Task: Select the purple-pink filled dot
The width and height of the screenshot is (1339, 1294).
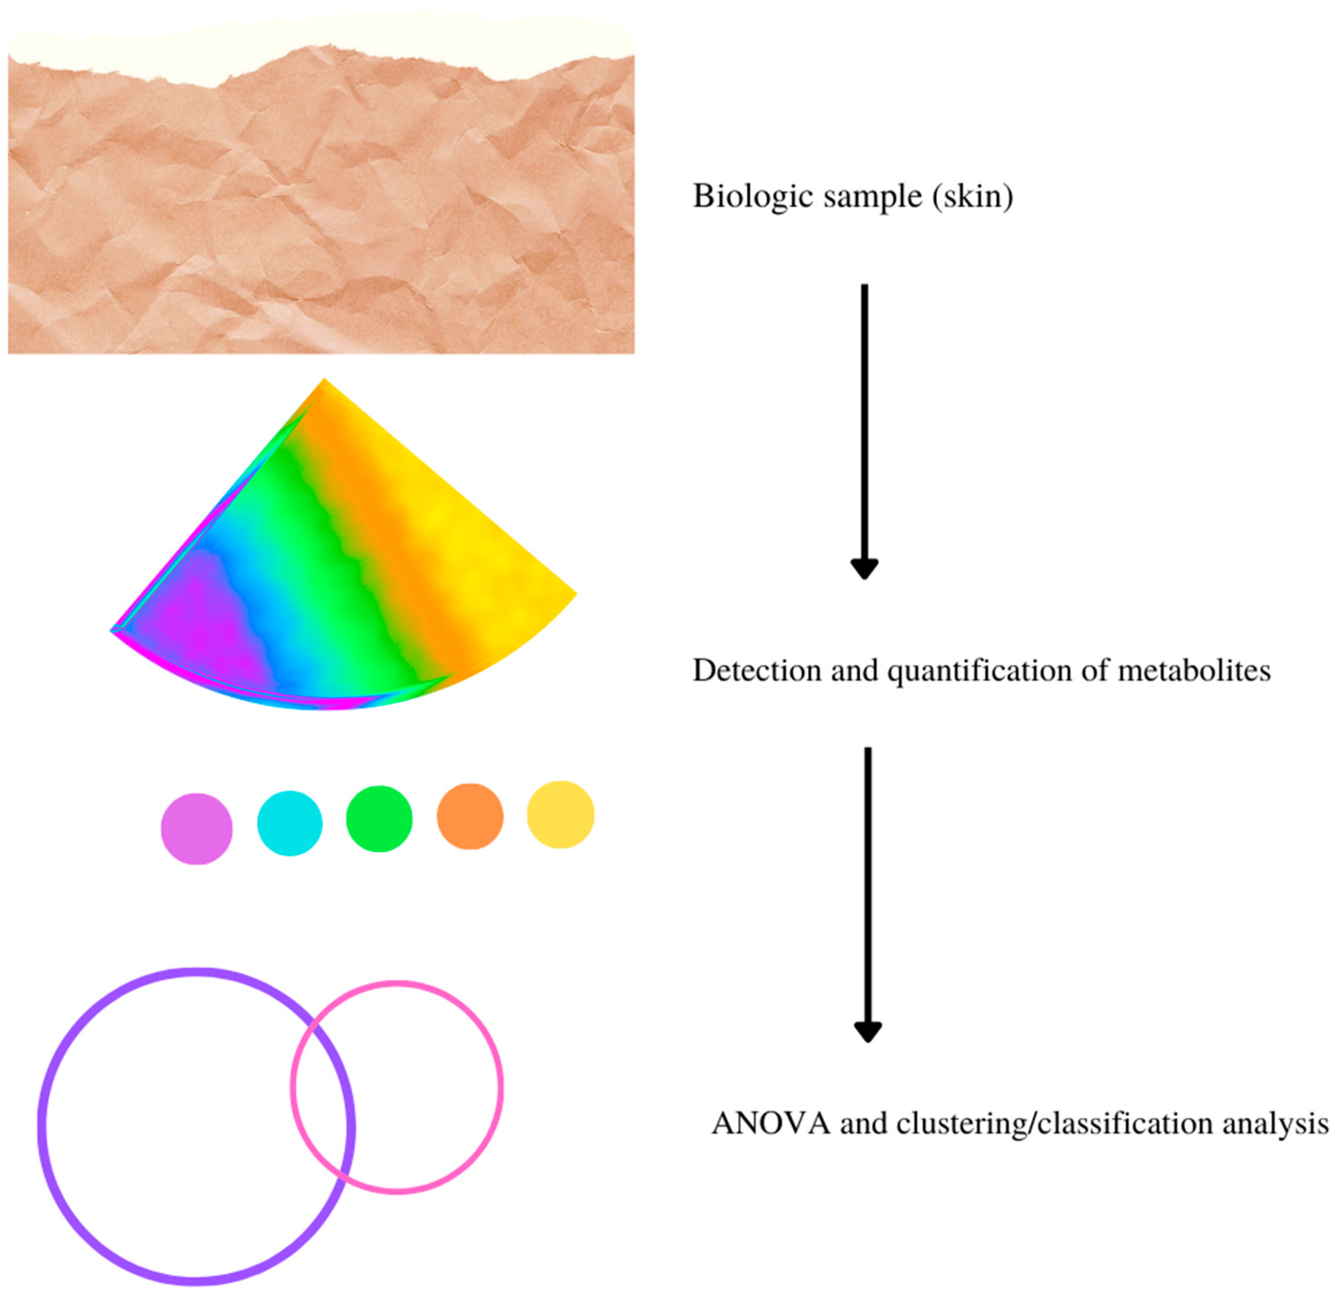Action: click(x=197, y=829)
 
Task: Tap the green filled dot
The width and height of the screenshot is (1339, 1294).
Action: click(x=379, y=819)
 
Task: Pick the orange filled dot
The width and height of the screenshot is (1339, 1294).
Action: click(x=470, y=816)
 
